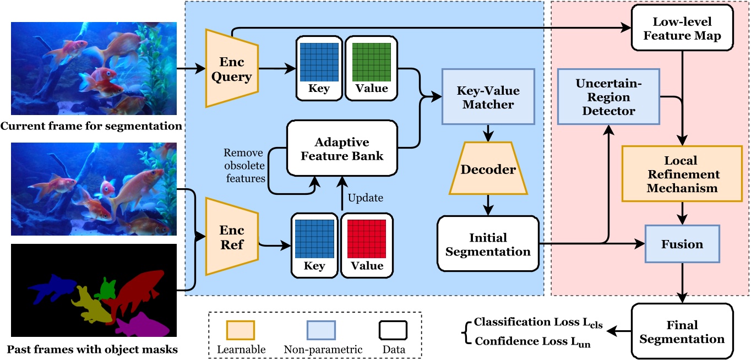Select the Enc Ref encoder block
231,237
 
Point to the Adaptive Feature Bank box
342,148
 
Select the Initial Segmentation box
488,244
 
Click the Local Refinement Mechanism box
682,174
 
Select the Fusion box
682,244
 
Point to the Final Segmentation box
682,332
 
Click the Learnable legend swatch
241,330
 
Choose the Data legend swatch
393,330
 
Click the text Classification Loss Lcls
538,323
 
